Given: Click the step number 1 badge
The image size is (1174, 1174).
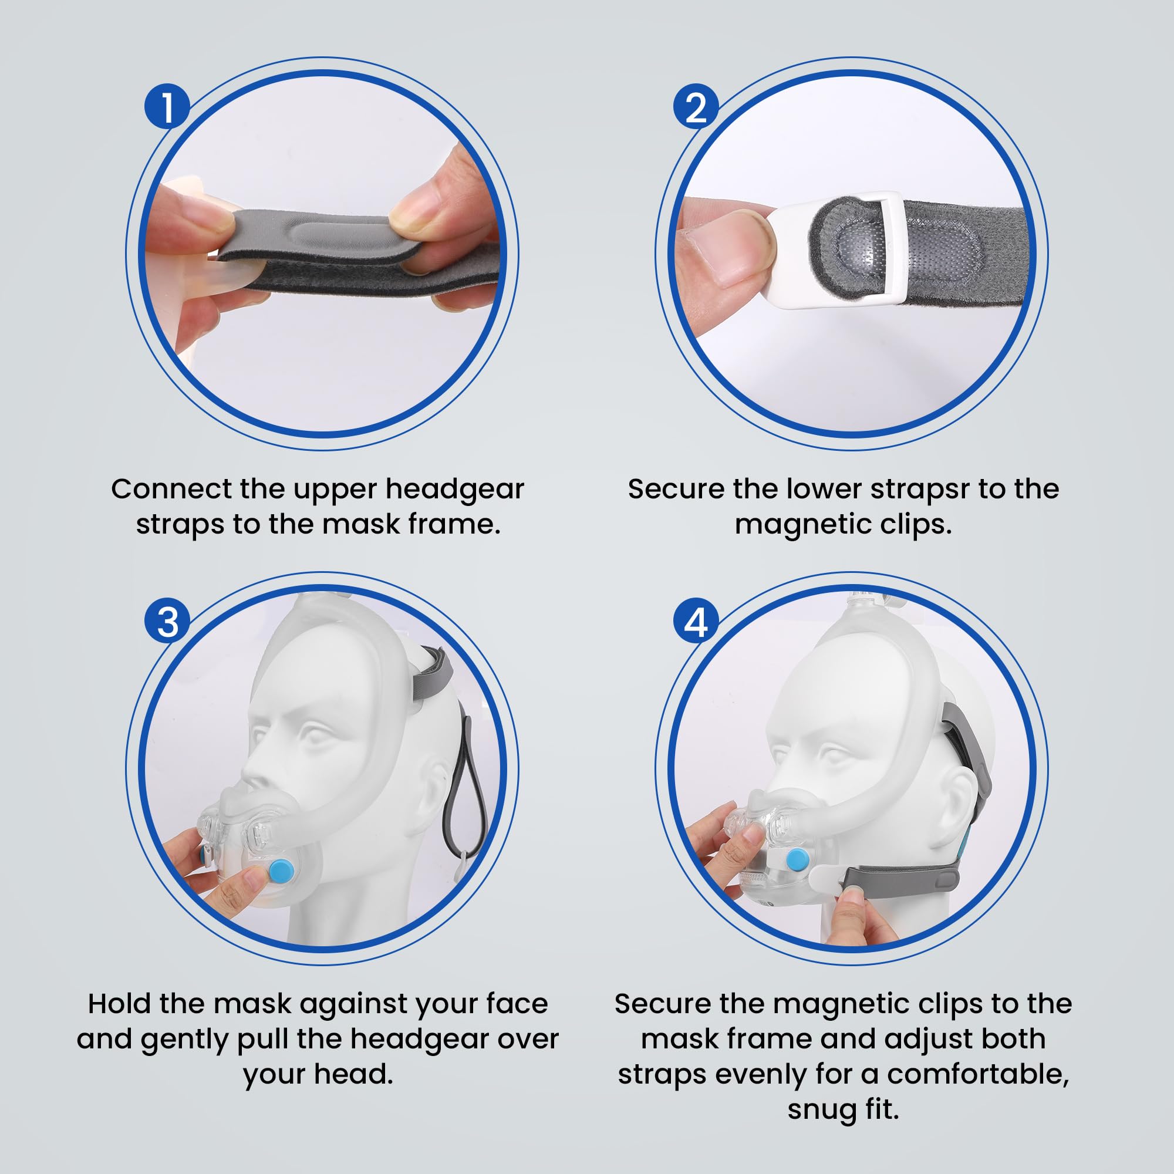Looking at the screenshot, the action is (x=167, y=106).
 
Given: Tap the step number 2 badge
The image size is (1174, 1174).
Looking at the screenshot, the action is (x=696, y=106).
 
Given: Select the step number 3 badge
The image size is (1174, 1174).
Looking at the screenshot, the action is (x=167, y=622).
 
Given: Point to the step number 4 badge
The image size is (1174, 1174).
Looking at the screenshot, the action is (x=696, y=622).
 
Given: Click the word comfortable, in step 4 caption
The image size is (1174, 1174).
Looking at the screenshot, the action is (x=979, y=1074).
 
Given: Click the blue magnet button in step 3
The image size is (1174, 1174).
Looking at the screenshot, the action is (x=281, y=873).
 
